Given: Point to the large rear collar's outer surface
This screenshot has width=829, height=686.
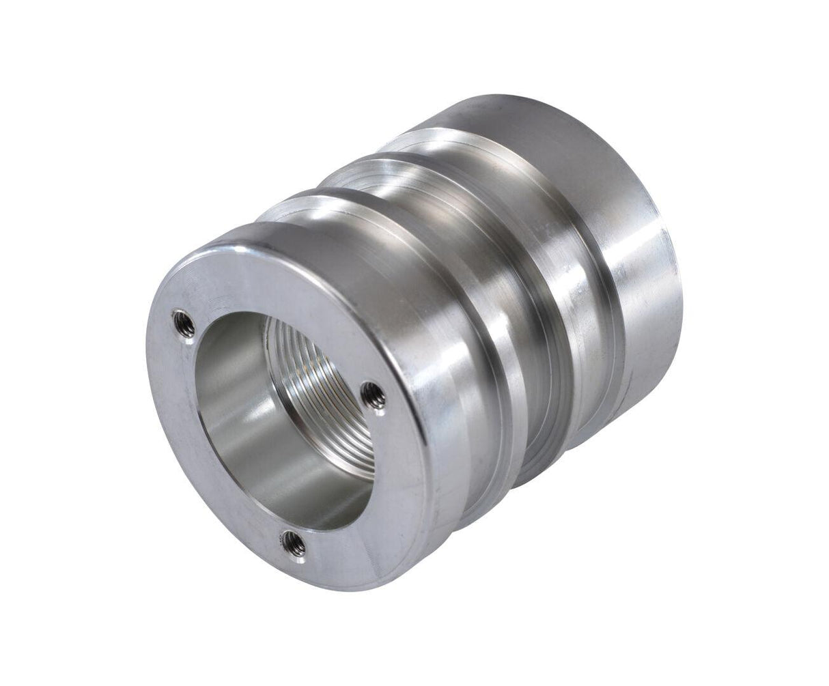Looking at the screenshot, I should click(x=642, y=273).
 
